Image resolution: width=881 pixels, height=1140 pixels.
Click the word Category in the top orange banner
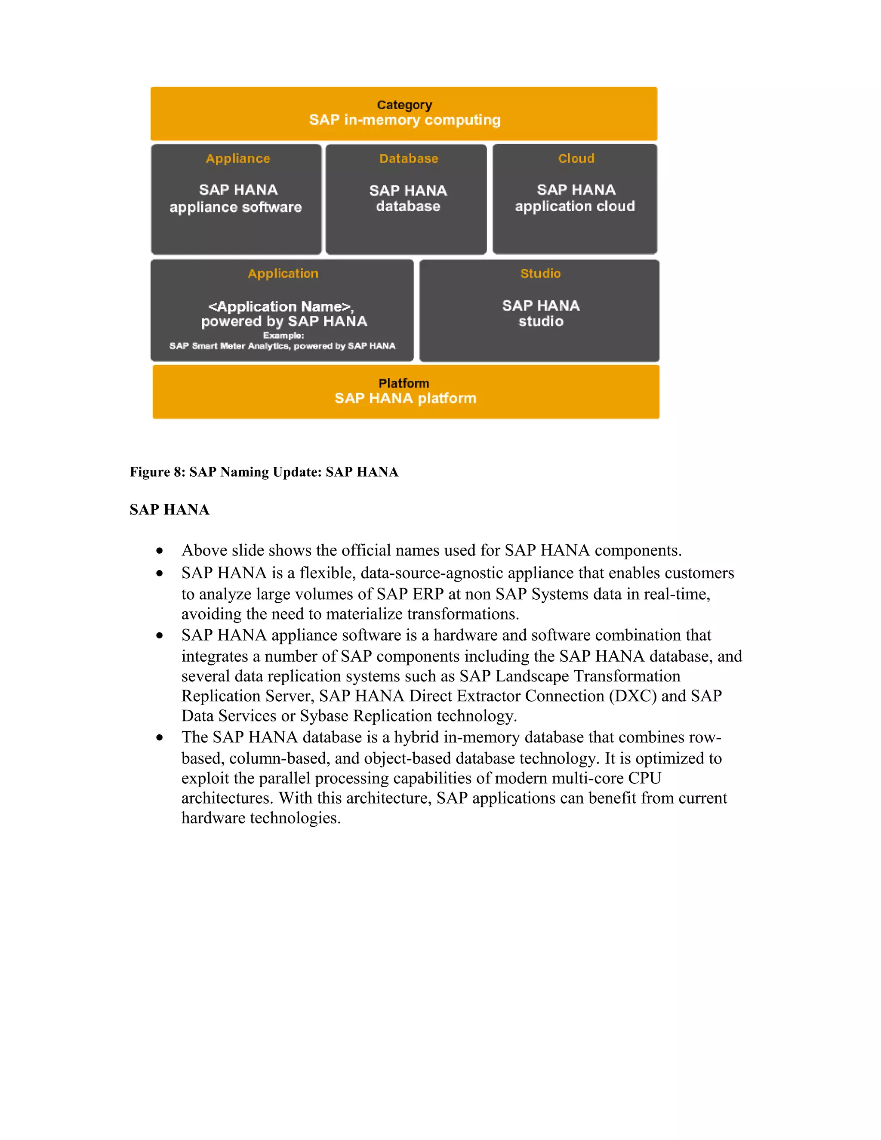pyautogui.click(x=404, y=105)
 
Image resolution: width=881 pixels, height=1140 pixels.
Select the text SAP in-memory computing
pyautogui.click(x=404, y=120)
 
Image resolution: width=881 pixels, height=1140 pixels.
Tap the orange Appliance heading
pyautogui.click(x=238, y=159)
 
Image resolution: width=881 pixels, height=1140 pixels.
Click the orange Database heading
pyautogui.click(x=409, y=159)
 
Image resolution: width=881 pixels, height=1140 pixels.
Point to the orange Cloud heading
pyautogui.click(x=576, y=159)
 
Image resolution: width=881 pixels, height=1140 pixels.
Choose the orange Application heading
pyautogui.click(x=283, y=274)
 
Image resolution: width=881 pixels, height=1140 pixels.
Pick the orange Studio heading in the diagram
pyautogui.click(x=540, y=274)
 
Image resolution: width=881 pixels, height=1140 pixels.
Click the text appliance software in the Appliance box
pyautogui.click(x=236, y=207)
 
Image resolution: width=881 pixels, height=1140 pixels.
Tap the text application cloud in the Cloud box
pyautogui.click(x=575, y=206)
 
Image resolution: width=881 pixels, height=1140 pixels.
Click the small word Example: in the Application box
pyautogui.click(x=283, y=335)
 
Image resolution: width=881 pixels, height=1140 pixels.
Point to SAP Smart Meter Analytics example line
pyautogui.click(x=282, y=345)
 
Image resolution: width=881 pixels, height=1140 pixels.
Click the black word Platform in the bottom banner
pyautogui.click(x=404, y=383)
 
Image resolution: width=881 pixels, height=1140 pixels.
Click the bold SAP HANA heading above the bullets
pyautogui.click(x=169, y=510)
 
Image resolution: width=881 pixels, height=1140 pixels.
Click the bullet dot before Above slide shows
pyautogui.click(x=160, y=551)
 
